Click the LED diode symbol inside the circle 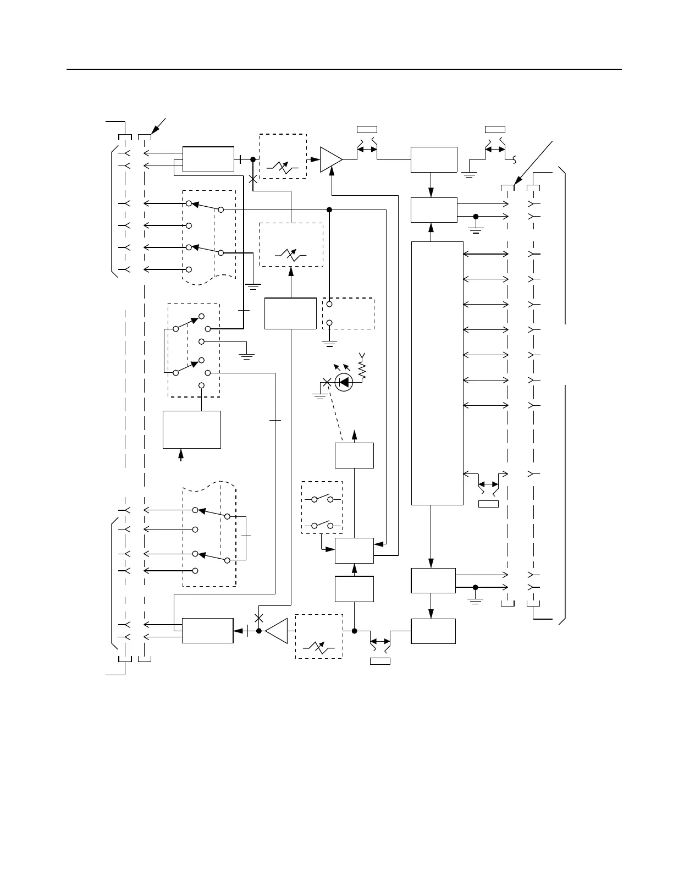[344, 382]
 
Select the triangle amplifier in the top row [331, 159]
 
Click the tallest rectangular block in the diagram [437, 373]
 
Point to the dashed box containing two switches [322, 508]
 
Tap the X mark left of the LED [327, 382]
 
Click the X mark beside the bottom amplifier [259, 618]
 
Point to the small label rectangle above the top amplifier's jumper [367, 129]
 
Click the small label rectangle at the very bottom [380, 661]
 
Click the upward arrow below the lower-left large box [181, 455]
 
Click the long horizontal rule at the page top [344, 70]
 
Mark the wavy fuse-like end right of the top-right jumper [515, 159]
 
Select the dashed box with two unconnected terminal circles [348, 313]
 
